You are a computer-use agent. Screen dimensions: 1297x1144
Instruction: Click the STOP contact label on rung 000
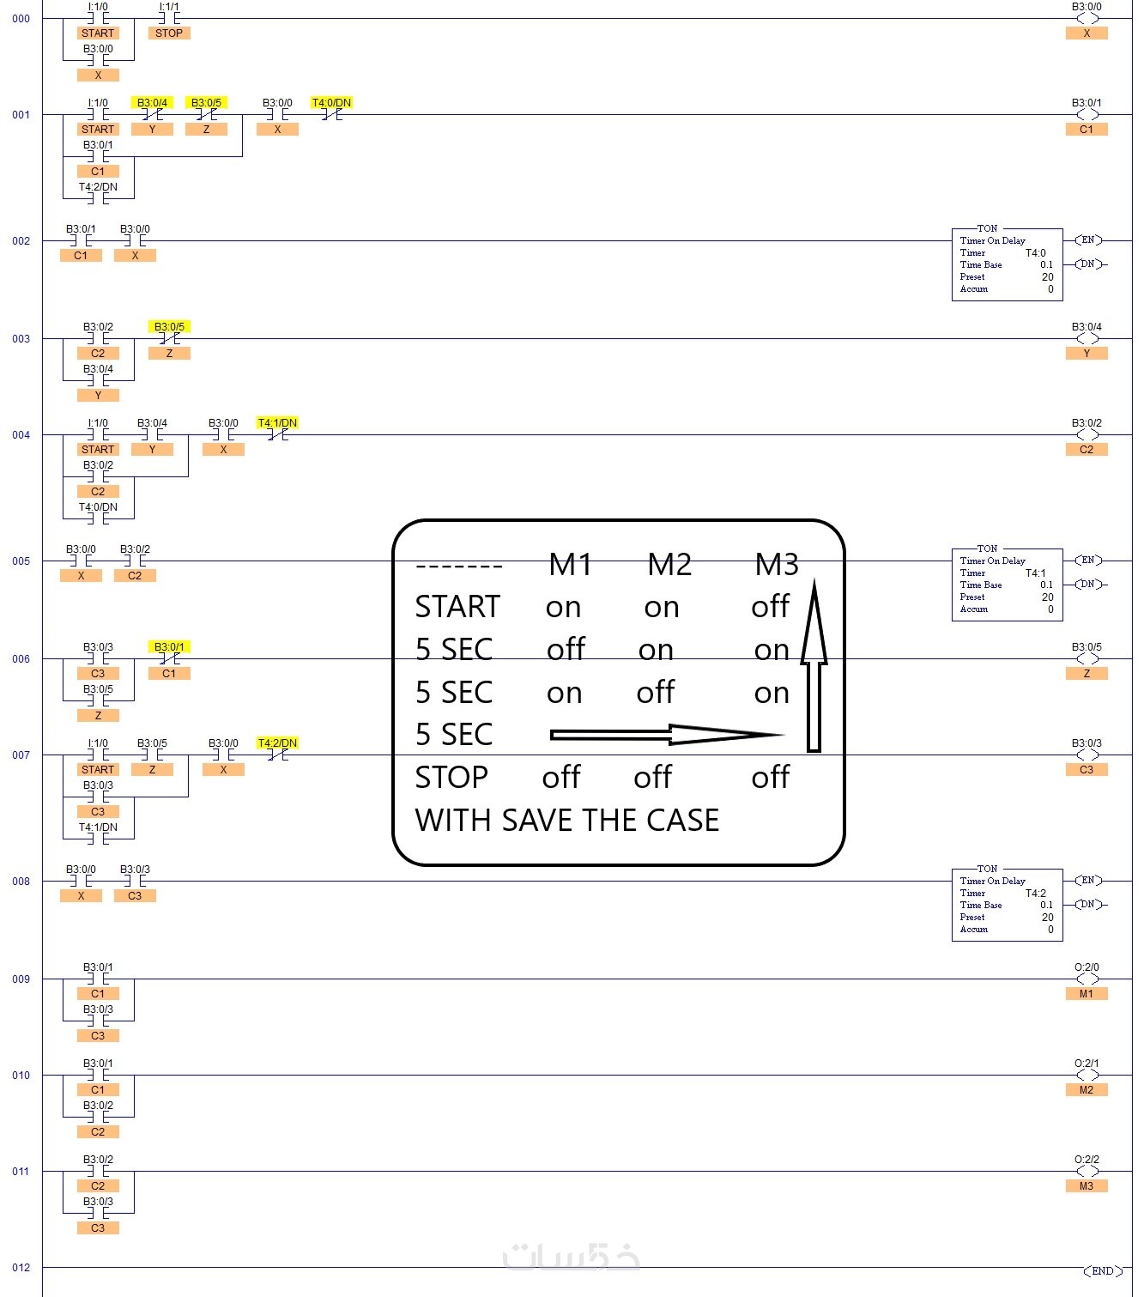point(169,33)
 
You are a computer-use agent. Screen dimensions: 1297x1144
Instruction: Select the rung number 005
point(21,561)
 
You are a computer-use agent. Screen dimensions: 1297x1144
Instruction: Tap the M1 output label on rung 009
point(1086,994)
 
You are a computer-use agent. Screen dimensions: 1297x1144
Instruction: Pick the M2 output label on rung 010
point(1086,1090)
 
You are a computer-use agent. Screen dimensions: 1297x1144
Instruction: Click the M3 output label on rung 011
point(1086,1186)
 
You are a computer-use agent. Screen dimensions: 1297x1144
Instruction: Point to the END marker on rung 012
point(1102,1271)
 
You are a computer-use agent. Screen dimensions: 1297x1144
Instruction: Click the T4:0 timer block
point(1007,264)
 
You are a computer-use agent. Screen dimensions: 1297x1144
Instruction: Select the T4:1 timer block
point(1007,585)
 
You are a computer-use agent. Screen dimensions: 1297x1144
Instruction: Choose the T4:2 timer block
point(1007,905)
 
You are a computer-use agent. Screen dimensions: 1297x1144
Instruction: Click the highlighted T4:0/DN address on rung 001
point(331,103)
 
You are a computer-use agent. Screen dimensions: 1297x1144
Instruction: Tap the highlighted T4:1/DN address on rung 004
point(277,423)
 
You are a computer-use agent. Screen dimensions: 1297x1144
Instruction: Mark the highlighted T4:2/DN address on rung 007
point(277,743)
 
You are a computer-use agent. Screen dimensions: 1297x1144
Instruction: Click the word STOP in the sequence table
point(451,778)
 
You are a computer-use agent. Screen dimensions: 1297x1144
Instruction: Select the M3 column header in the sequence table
point(777,565)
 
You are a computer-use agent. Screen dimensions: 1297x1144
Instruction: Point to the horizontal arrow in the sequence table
point(665,735)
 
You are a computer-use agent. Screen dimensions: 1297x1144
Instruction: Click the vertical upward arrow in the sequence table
point(814,665)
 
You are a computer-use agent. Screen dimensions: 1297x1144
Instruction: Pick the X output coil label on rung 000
point(1086,33)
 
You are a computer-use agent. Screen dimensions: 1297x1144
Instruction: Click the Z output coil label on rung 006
point(1086,674)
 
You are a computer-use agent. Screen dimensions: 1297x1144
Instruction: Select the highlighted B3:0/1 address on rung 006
point(169,647)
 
